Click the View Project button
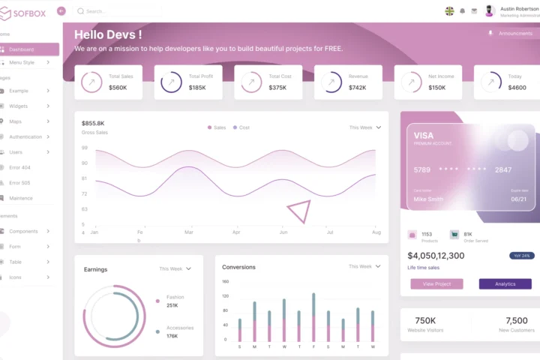click(x=436, y=284)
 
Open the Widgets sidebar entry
click(x=19, y=106)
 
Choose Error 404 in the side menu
click(x=19, y=167)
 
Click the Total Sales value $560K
click(x=118, y=88)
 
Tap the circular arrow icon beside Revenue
click(x=329, y=82)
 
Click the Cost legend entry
click(x=241, y=127)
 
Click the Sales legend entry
click(x=217, y=127)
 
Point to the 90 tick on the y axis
click(x=84, y=163)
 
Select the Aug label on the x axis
click(x=376, y=232)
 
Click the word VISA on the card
click(x=424, y=136)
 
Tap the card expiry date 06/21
click(x=518, y=199)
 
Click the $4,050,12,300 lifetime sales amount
click(x=436, y=256)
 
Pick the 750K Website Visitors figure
click(x=425, y=320)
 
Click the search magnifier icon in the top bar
click(x=80, y=11)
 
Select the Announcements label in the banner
click(x=515, y=33)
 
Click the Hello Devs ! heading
click(x=108, y=34)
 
